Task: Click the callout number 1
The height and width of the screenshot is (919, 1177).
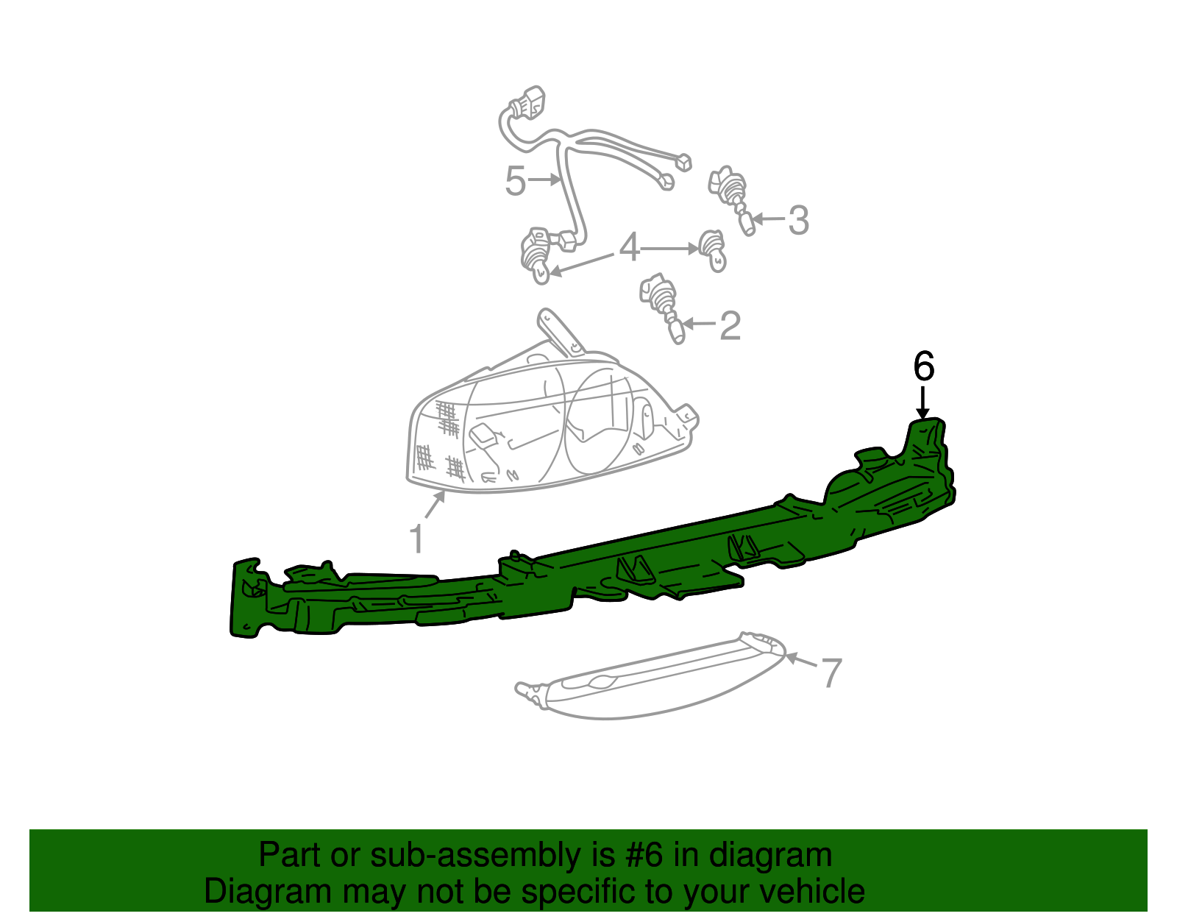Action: pyautogui.click(x=416, y=539)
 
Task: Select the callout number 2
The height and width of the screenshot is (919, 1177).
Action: pyautogui.click(x=730, y=325)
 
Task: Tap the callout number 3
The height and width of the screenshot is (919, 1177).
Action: pyautogui.click(x=798, y=221)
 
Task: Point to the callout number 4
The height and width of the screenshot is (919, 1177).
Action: pyautogui.click(x=629, y=247)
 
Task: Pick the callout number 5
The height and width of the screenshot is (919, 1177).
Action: pyautogui.click(x=515, y=180)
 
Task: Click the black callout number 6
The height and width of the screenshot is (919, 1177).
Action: pyautogui.click(x=923, y=366)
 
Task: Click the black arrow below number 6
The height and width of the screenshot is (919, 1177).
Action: pyautogui.click(x=922, y=402)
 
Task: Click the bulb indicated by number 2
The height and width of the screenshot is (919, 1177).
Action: pyautogui.click(x=663, y=307)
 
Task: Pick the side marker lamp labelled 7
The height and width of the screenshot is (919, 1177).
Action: pyautogui.click(x=650, y=676)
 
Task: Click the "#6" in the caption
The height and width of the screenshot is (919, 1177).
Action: pyautogui.click(x=644, y=856)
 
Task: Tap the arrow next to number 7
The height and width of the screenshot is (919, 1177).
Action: pyautogui.click(x=801, y=661)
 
